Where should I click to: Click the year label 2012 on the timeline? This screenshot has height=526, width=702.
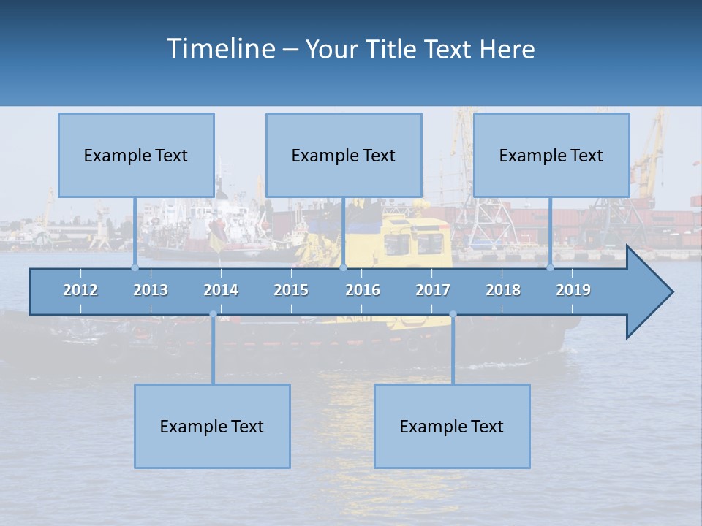(80, 290)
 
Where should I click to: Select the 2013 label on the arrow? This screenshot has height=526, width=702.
(151, 290)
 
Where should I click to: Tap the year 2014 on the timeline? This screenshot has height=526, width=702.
(221, 290)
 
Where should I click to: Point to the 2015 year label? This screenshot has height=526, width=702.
(291, 290)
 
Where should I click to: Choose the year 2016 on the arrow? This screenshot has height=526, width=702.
(363, 290)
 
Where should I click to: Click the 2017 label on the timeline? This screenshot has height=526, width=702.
(433, 290)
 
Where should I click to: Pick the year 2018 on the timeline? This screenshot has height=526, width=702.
(503, 290)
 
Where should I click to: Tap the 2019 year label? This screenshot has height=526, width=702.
(573, 290)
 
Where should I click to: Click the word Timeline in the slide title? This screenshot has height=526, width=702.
(219, 49)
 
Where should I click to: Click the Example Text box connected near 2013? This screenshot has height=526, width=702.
(136, 155)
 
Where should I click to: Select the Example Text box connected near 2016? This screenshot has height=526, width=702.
(344, 155)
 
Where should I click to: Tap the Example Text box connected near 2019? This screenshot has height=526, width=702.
(551, 155)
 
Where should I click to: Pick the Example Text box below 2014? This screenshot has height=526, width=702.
(212, 426)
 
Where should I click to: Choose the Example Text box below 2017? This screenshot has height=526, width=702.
(452, 426)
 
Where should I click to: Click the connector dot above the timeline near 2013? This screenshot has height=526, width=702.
(135, 267)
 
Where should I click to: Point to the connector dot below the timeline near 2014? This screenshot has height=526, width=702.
(213, 315)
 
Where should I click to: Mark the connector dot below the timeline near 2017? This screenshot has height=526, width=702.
(453, 315)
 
